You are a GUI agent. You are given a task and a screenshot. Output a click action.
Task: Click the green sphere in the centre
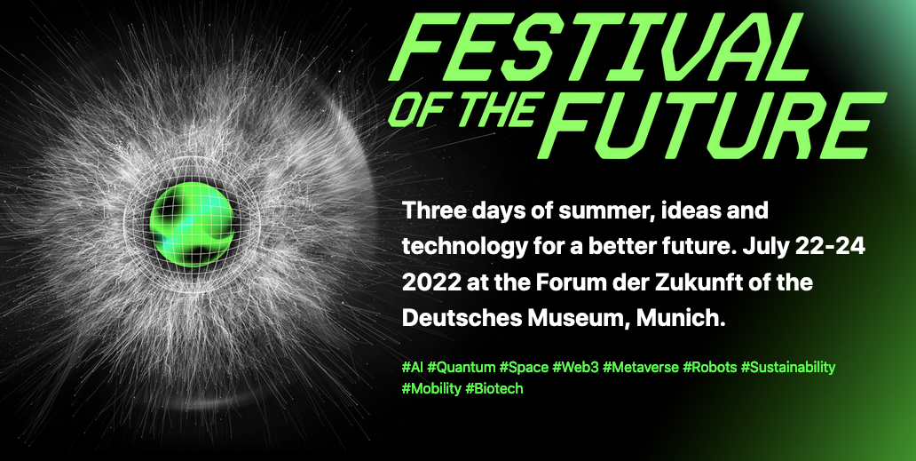pos(192,225)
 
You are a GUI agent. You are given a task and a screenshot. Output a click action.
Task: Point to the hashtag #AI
pos(413,368)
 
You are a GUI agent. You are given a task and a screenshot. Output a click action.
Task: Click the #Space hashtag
pos(524,368)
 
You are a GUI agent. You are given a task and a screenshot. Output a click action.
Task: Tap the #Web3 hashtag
pos(575,368)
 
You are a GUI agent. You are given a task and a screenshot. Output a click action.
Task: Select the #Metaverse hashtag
pos(641,368)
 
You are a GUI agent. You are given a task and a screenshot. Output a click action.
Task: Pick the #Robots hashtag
pos(710,368)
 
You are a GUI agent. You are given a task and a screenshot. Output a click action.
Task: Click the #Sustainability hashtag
pos(788,368)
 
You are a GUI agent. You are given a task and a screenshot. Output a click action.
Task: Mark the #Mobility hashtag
pos(431,388)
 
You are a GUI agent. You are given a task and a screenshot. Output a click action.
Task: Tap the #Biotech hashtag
pos(494,388)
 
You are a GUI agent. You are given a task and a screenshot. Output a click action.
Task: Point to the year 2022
pos(430,282)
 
